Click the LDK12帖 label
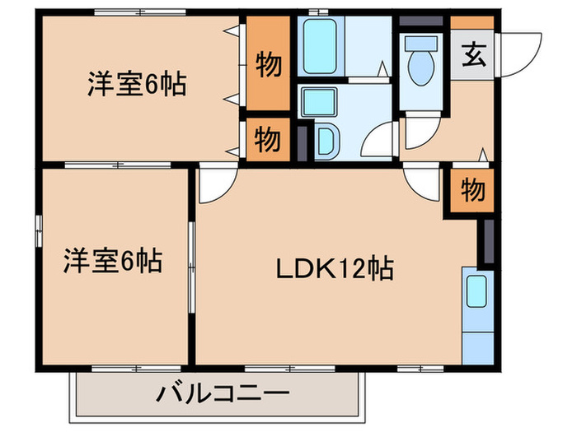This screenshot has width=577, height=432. click(333, 268)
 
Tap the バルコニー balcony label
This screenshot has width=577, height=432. click(223, 394)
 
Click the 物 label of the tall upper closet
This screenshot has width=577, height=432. click(266, 65)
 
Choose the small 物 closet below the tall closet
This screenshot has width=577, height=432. click(265, 140)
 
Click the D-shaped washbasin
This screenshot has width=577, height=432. click(326, 141)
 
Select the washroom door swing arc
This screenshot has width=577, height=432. click(382, 139)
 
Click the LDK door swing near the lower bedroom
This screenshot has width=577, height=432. click(213, 183)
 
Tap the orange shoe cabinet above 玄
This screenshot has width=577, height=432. click(472, 22)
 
